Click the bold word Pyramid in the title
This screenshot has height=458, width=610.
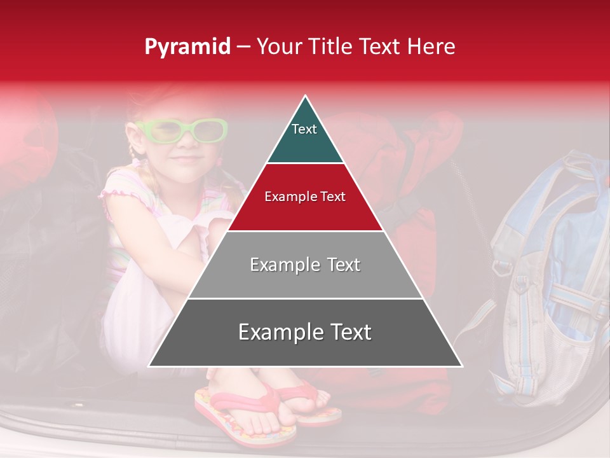[x=187, y=47]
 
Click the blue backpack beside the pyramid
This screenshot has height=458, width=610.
[x=546, y=274]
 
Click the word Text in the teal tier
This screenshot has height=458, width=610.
[x=304, y=129]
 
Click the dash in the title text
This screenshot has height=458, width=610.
[x=242, y=47]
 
